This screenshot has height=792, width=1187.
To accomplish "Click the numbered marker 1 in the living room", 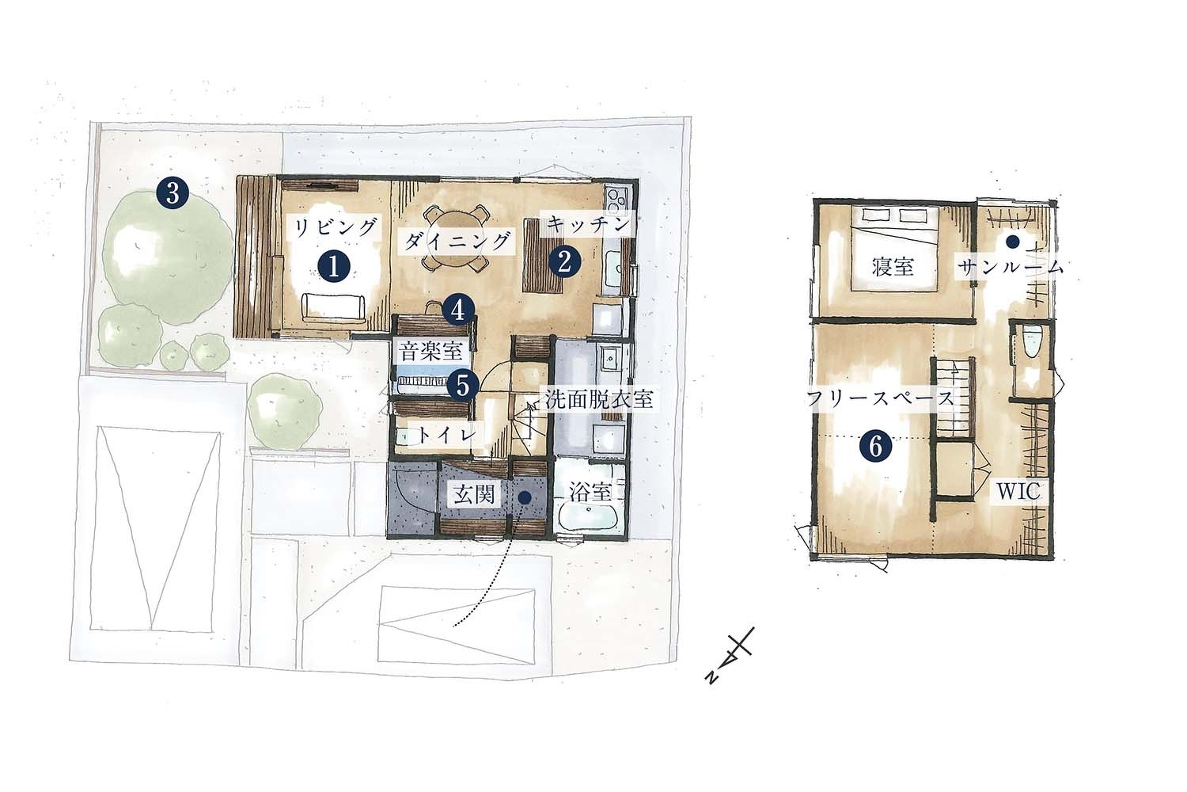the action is pyautogui.click(x=334, y=267).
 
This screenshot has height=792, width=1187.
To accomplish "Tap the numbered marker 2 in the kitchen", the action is pyautogui.click(x=564, y=261).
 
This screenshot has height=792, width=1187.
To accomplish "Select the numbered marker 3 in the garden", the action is pyautogui.click(x=173, y=193).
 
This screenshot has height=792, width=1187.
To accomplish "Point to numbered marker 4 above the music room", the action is pyautogui.click(x=459, y=310).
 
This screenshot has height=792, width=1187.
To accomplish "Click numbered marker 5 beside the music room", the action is pyautogui.click(x=463, y=385).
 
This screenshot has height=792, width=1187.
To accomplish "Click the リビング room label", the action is pyautogui.click(x=336, y=227).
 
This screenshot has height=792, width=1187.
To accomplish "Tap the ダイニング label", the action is pyautogui.click(x=457, y=241).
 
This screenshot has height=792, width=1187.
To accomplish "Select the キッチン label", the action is pyautogui.click(x=588, y=224).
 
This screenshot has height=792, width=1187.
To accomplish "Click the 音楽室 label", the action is pyautogui.click(x=430, y=351).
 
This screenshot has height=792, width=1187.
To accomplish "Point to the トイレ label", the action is pyautogui.click(x=445, y=435).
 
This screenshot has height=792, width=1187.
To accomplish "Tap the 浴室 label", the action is pyautogui.click(x=591, y=493).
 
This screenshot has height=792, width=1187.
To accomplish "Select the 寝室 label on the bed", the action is pyautogui.click(x=893, y=267).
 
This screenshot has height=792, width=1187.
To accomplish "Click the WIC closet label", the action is pyautogui.click(x=1018, y=492).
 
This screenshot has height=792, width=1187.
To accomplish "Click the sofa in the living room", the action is pyautogui.click(x=333, y=307).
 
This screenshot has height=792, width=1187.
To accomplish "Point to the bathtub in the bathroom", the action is pyautogui.click(x=590, y=518).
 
